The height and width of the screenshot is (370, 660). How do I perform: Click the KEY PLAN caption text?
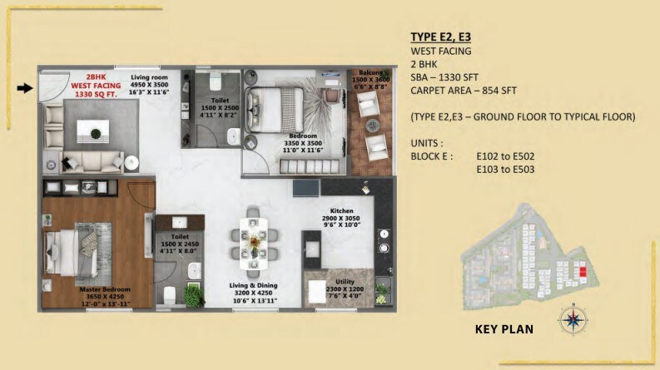[504, 328]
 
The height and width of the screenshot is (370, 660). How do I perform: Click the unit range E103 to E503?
[504, 170]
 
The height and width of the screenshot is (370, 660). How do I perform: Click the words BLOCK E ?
[432, 155]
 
